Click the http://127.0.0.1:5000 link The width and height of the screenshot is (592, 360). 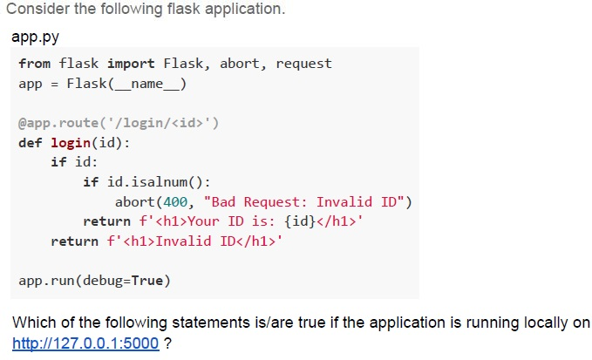(x=85, y=343)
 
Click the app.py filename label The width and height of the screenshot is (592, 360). (x=36, y=37)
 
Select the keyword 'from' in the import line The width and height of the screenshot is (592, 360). (x=34, y=64)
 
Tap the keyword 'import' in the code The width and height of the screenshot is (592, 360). (x=131, y=64)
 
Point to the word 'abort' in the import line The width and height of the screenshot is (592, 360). (x=240, y=64)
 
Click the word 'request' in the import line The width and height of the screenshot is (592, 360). (x=304, y=65)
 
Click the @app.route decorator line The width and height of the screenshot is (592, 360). (x=119, y=123)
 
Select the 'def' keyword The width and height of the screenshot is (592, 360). (x=31, y=143)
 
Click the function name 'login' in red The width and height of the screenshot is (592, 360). (x=71, y=143)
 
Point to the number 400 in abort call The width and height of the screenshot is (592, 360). (x=174, y=202)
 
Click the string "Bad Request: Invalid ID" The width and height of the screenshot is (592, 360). (x=304, y=202)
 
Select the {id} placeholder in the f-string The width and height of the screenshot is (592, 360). (x=300, y=221)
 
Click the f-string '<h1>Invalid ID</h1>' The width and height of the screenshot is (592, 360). (x=194, y=241)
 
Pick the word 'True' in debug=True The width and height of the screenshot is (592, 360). (x=146, y=281)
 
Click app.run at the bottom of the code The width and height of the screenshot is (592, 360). (x=46, y=282)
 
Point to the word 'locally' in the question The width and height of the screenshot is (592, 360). (x=548, y=323)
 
